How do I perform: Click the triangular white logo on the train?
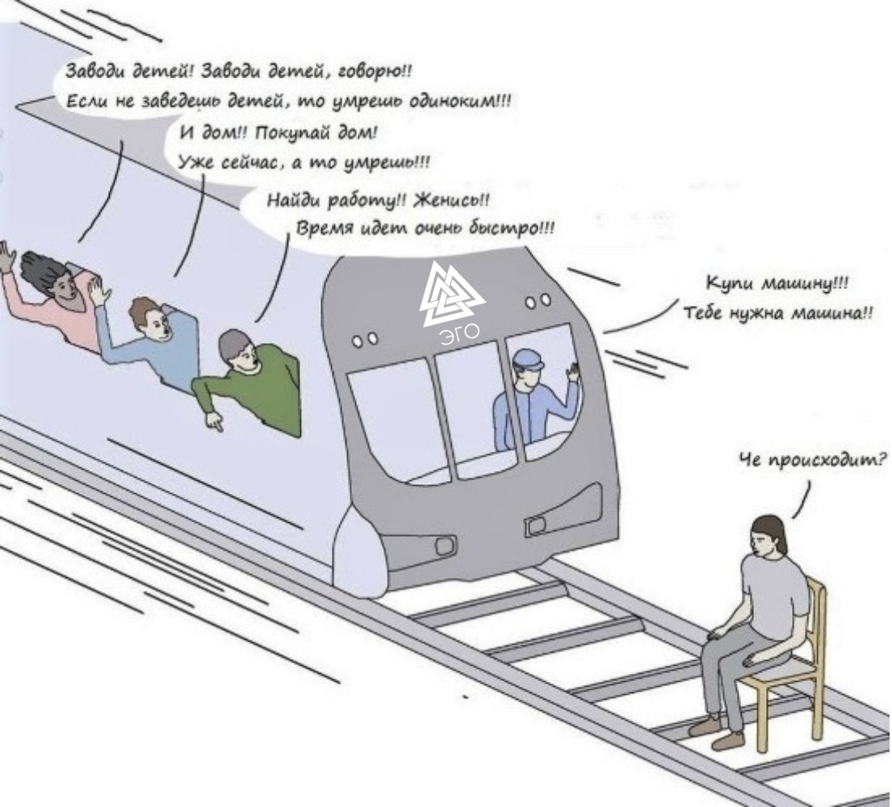point(452,295)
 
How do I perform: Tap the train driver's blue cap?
point(528,359)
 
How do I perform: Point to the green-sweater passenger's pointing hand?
point(214,420)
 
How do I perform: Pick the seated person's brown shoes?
point(716,733)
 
